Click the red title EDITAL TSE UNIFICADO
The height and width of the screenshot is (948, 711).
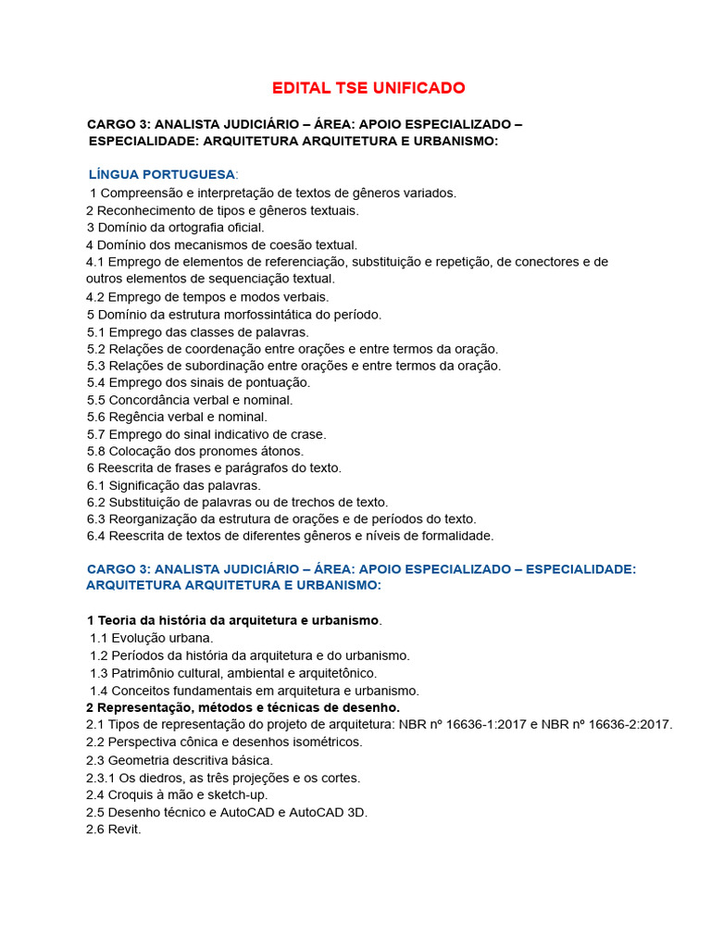tap(368, 88)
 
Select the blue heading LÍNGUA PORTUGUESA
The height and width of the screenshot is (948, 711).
tap(162, 174)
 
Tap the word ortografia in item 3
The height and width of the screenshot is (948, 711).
tap(193, 227)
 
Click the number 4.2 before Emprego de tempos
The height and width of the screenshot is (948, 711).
tap(95, 297)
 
